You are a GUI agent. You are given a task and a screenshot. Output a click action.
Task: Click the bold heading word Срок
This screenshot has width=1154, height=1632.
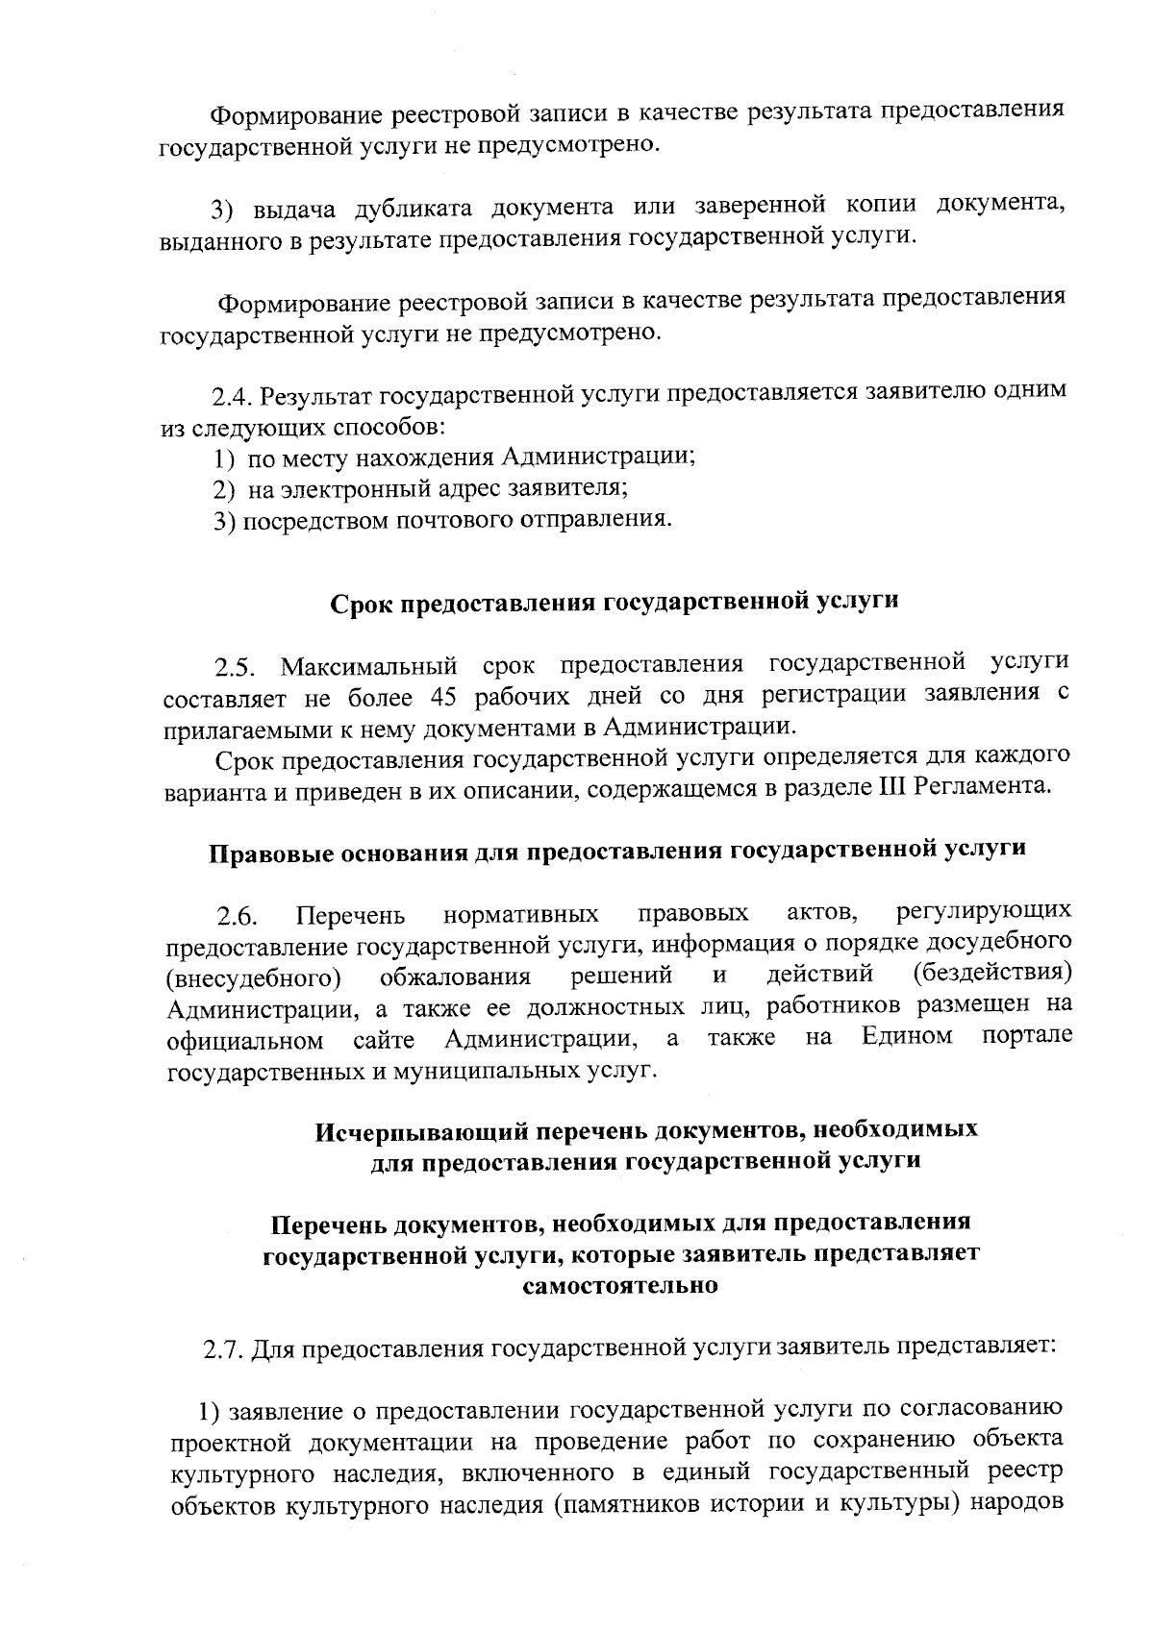pyautogui.click(x=364, y=603)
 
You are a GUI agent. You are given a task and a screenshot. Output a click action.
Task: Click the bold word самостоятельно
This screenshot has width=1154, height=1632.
pyautogui.click(x=620, y=1285)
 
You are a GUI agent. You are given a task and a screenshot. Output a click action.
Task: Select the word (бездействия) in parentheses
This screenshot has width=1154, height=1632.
pyautogui.click(x=991, y=973)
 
